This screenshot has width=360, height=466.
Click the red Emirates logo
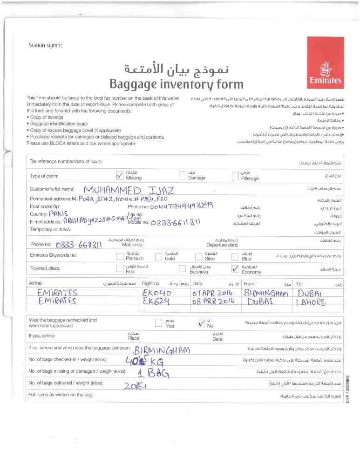click(325, 62)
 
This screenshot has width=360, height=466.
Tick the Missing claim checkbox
click(120, 175)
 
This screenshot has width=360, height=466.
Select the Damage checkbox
click(183, 176)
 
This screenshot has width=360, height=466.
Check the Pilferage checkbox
click(235, 176)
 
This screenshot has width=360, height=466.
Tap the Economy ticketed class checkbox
click(235, 269)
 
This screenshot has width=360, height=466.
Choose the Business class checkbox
click(183, 269)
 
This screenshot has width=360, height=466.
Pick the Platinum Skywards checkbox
click(120, 256)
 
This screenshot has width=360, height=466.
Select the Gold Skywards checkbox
click(158, 256)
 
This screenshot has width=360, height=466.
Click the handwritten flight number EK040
click(157, 293)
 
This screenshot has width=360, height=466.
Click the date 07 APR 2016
click(212, 293)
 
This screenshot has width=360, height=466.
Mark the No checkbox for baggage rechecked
click(201, 323)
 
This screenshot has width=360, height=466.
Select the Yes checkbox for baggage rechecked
click(158, 323)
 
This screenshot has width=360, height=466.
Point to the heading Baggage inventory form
click(176, 84)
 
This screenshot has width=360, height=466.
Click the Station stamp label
click(45, 45)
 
